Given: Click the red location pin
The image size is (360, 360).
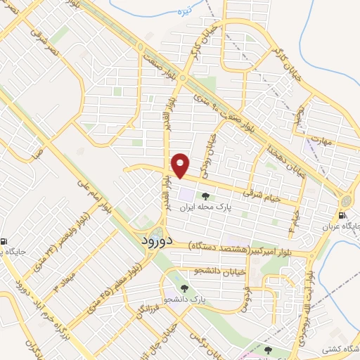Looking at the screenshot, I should (181, 165).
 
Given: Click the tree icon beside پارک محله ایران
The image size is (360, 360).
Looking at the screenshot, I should (205, 196).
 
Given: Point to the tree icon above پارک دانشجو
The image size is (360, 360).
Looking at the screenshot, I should (184, 288).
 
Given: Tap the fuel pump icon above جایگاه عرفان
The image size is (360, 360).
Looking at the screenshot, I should (342, 215).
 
